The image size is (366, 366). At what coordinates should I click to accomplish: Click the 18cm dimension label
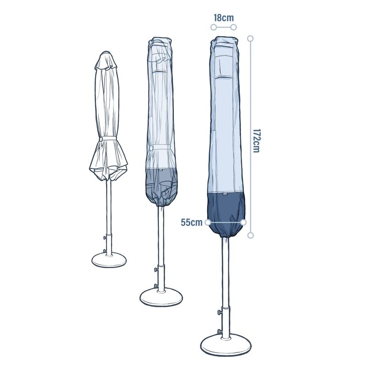click(224, 18)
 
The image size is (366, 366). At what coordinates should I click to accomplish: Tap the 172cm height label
click(257, 141)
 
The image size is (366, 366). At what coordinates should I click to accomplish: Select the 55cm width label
click(192, 222)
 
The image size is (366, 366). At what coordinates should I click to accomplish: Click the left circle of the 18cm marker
click(214, 27)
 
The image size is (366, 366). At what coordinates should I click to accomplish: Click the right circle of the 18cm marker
click(233, 27)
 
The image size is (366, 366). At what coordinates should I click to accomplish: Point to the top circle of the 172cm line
click(250, 38)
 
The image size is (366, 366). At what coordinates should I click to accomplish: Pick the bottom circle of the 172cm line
click(250, 235)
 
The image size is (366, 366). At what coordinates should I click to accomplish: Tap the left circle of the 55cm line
click(208, 222)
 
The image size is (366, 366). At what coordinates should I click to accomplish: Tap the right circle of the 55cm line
click(243, 222)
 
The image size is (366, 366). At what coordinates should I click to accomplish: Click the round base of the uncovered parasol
click(109, 260)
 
